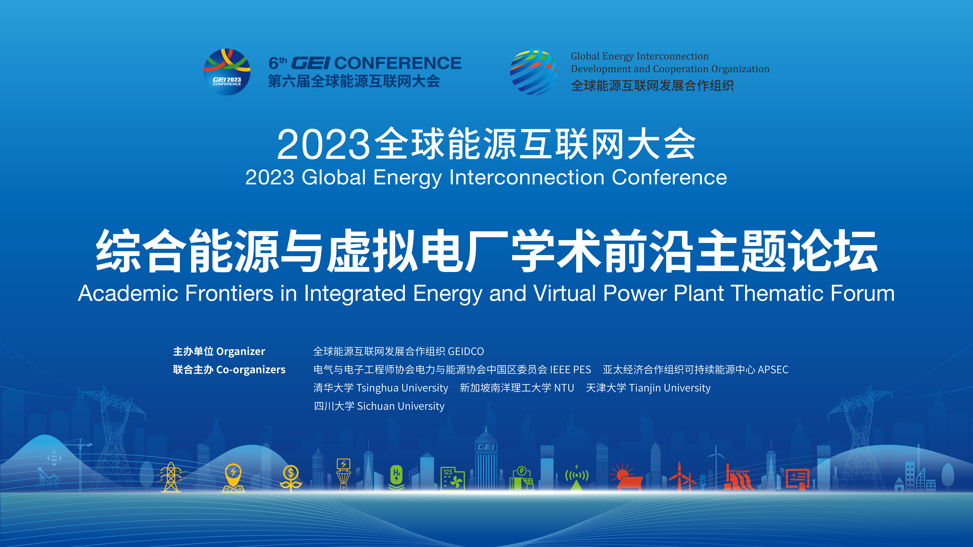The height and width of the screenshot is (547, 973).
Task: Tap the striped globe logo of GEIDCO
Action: click(x=533, y=72)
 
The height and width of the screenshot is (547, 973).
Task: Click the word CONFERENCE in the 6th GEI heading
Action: click(x=398, y=63)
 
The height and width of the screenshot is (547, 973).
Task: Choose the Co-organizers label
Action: click(x=251, y=370)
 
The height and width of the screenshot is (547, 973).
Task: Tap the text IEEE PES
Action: click(x=570, y=370)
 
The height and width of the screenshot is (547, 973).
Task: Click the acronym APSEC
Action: click(x=773, y=370)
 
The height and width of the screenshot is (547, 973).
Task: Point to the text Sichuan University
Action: click(x=401, y=406)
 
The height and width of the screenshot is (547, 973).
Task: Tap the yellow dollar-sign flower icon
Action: click(x=290, y=478)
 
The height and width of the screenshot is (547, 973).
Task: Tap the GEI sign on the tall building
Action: click(x=486, y=447)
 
